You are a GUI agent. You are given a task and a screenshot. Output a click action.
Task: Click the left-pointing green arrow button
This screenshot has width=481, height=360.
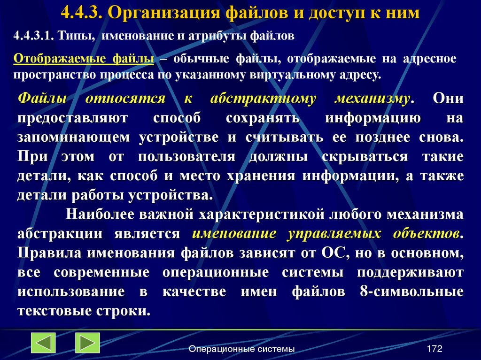pyautogui.click(x=43, y=343)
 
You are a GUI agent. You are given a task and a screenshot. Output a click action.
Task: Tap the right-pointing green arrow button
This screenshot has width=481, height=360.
pyautogui.click(x=87, y=343)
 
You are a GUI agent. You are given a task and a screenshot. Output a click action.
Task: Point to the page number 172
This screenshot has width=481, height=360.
pyautogui.click(x=434, y=349)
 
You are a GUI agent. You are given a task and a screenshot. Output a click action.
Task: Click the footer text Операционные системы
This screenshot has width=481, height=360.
pyautogui.click(x=241, y=349)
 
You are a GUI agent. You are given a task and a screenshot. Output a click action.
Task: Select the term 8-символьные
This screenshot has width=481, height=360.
pyautogui.click(x=411, y=291)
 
